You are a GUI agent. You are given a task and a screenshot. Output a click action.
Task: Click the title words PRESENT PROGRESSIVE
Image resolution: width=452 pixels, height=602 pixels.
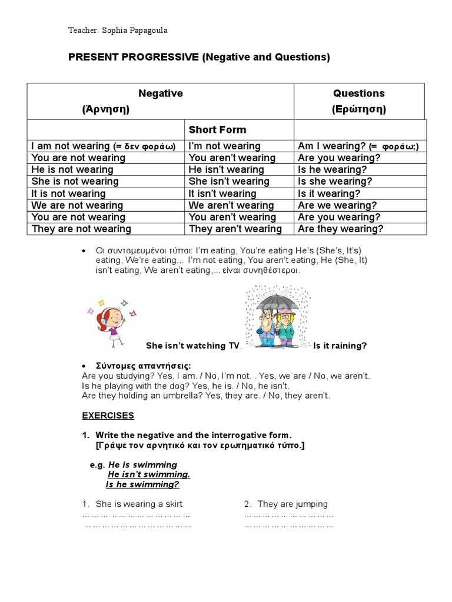(134, 57)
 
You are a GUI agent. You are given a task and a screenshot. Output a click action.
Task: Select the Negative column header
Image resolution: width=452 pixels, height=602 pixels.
(160, 93)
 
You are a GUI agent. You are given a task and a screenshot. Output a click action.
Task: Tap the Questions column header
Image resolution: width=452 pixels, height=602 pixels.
(358, 93)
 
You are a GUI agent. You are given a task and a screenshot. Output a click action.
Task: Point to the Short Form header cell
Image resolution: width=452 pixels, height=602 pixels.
(217, 130)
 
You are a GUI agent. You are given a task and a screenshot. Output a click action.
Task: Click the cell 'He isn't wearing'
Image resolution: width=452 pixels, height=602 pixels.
(226, 170)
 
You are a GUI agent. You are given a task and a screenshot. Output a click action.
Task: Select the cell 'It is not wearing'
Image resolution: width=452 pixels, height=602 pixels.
(69, 193)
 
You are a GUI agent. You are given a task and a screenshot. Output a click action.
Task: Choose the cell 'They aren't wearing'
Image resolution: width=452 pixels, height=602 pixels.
(235, 229)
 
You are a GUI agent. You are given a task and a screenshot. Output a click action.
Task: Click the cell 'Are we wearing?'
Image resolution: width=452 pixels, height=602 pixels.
(337, 205)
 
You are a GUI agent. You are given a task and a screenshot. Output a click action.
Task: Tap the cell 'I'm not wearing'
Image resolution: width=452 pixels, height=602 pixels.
(224, 146)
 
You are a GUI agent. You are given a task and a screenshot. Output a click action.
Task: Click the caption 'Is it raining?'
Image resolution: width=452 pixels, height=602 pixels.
(340, 346)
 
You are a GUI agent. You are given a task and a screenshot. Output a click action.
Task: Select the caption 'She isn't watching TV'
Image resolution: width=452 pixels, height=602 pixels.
(193, 346)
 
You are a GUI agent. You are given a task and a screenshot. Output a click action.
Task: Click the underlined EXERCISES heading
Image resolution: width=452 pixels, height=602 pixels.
(108, 416)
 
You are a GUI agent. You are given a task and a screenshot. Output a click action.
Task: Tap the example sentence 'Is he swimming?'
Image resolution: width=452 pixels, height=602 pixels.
(142, 484)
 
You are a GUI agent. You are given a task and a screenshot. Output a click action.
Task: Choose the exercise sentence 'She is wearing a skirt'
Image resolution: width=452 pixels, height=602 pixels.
(139, 504)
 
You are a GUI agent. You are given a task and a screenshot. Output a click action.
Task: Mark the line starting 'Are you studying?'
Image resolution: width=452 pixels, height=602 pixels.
(226, 376)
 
